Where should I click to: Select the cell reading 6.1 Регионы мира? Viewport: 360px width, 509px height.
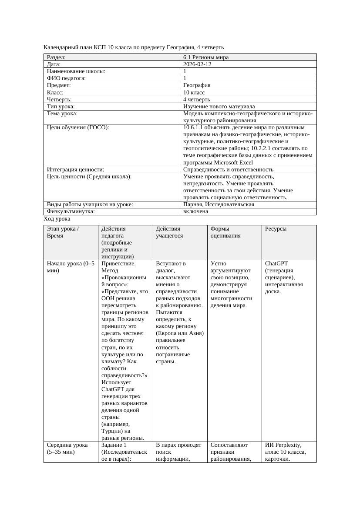[206, 57]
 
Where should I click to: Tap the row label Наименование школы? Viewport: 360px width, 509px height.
[76, 71]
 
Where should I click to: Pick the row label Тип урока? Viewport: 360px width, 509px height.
[61, 106]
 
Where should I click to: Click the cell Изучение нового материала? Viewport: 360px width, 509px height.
[219, 106]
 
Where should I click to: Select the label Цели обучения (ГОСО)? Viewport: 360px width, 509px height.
[78, 127]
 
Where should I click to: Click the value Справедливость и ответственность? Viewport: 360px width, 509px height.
[228, 170]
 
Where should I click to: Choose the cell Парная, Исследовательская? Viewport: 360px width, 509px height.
[219, 204]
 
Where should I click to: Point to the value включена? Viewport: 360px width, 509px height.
[195, 211]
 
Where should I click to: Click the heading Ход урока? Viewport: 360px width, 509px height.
[57, 219]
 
